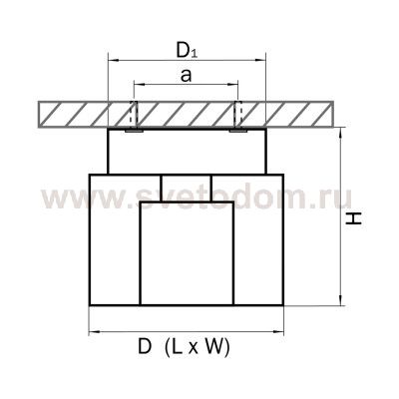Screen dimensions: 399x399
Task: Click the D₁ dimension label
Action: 187,51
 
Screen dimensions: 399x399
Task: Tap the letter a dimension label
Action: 187,76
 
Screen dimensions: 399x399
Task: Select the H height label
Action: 353,218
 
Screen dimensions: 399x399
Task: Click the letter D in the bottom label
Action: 145,347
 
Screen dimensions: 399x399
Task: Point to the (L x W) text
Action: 198,348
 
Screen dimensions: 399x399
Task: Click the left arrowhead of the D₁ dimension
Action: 113,60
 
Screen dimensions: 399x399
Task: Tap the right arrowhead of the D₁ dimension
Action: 261,60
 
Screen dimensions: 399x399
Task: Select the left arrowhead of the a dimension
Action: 138,85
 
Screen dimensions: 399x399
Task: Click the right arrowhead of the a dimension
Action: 234,85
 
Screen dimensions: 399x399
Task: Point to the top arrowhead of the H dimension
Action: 340,133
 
